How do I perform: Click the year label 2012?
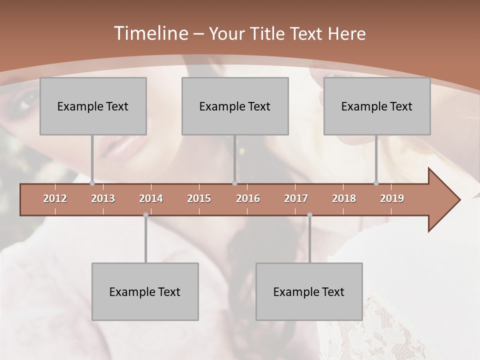(x=55, y=198)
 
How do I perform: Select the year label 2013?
(x=103, y=198)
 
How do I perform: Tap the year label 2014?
(x=151, y=198)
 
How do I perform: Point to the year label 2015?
(x=199, y=198)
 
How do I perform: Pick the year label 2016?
(x=248, y=198)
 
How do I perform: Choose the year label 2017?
(x=296, y=198)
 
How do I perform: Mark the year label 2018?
(x=344, y=198)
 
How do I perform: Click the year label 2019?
(x=392, y=198)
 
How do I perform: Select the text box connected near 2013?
(x=93, y=106)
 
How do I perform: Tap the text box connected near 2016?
(x=235, y=106)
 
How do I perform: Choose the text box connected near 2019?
(x=377, y=106)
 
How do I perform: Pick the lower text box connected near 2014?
(x=145, y=291)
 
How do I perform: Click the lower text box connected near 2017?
(x=309, y=291)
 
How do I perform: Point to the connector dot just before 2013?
(x=92, y=183)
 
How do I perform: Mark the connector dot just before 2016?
(x=234, y=183)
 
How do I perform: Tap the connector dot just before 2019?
(x=376, y=183)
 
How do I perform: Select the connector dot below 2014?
(x=145, y=215)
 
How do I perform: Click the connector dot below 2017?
(x=309, y=215)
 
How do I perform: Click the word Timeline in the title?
(x=150, y=33)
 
